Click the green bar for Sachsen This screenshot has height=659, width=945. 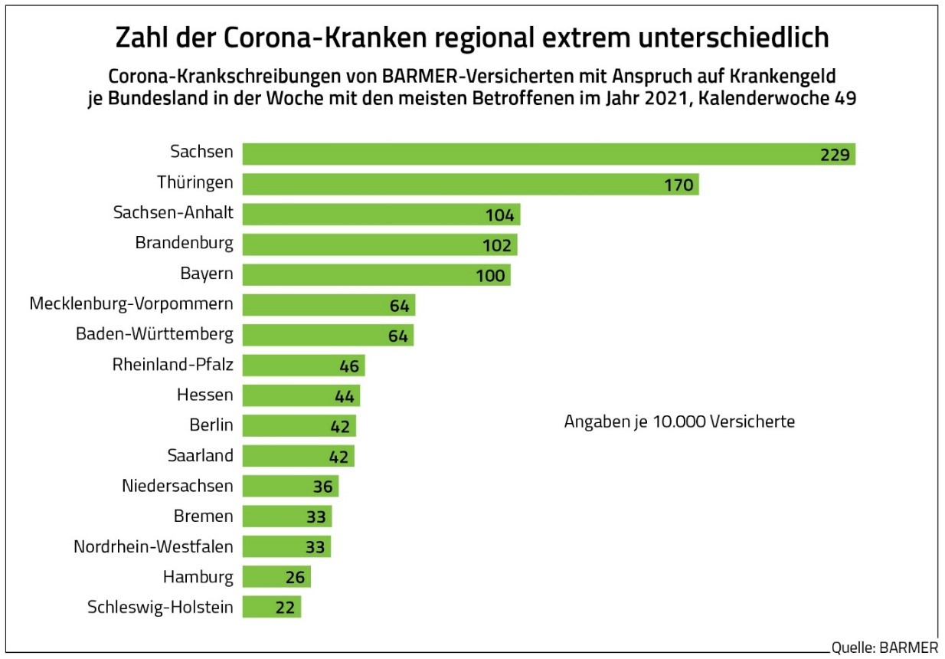click(x=536, y=154)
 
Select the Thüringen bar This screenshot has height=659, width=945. click(x=459, y=185)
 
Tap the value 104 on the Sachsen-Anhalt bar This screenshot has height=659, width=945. click(x=500, y=215)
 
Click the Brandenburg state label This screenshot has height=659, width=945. click(x=184, y=244)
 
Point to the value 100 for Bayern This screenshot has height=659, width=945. click(x=490, y=276)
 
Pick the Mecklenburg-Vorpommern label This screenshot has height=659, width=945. click(x=131, y=304)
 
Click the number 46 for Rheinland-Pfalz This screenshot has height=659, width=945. click(x=349, y=366)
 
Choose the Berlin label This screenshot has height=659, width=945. click(x=211, y=425)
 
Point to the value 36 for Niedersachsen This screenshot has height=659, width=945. click(x=322, y=487)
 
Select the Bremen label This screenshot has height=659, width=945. click(x=204, y=516)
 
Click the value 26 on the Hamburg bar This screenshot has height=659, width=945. click(x=295, y=577)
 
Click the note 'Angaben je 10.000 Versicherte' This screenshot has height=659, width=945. click(x=679, y=422)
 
